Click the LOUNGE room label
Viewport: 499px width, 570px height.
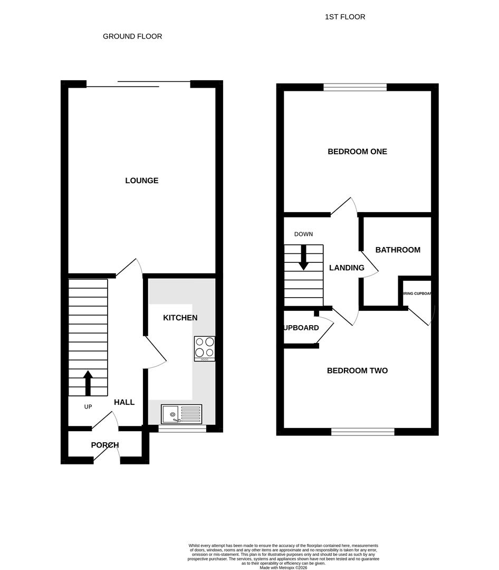[141, 180]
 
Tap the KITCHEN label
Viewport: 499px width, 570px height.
[180, 318]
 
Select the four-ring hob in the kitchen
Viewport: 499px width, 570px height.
[204, 348]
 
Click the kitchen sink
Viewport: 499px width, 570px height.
[181, 414]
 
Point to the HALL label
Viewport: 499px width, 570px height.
[124, 402]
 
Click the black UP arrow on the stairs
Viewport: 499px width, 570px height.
[88, 382]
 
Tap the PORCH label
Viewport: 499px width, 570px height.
[105, 445]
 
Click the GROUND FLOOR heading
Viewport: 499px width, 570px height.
[132, 36]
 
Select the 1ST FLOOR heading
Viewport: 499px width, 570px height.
[345, 17]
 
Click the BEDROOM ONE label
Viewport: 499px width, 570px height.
[357, 151]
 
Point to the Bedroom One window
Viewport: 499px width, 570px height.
[355, 88]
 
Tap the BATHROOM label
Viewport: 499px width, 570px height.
[398, 250]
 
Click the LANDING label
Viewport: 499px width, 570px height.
[347, 268]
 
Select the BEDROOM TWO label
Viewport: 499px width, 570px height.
[357, 370]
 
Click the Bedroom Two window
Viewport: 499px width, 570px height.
[363, 432]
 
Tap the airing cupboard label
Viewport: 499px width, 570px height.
[417, 293]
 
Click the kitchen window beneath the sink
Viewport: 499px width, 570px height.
[183, 429]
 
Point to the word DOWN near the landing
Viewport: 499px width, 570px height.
[303, 234]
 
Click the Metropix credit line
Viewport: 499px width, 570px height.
[283, 567]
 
